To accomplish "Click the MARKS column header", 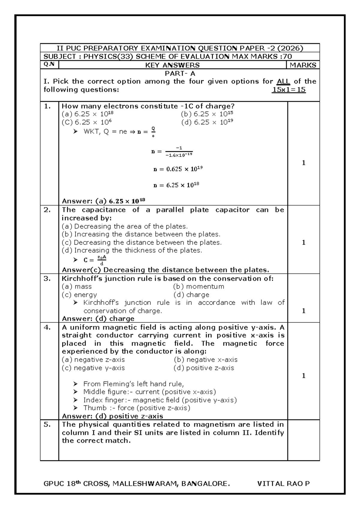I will pyautogui.click(x=303, y=65).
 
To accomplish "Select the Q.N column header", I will pyautogui.click(x=49, y=65).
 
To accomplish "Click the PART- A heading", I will pyautogui.click(x=180, y=73).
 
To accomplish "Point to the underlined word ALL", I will pyautogui.click(x=283, y=81).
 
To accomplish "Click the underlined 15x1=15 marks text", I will pyautogui.click(x=289, y=89).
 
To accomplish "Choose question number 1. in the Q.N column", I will pyautogui.click(x=47, y=106).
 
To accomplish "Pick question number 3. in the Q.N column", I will pyautogui.click(x=47, y=279).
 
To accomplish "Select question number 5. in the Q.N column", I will pyautogui.click(x=47, y=424).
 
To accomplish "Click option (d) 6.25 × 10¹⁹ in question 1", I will pyautogui.click(x=207, y=122).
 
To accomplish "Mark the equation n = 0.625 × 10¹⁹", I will pyautogui.click(x=178, y=169).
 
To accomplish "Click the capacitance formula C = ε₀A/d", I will pyautogui.click(x=95, y=260).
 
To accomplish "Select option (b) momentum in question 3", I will pyautogui.click(x=199, y=287).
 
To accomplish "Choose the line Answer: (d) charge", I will pyautogui.click(x=98, y=319).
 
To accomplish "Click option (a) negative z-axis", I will pyautogui.click(x=93, y=360).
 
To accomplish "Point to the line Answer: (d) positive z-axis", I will pyautogui.click(x=112, y=416).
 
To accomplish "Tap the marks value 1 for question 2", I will pyautogui.click(x=304, y=242).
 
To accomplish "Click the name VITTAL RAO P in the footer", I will pyautogui.click(x=283, y=483).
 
